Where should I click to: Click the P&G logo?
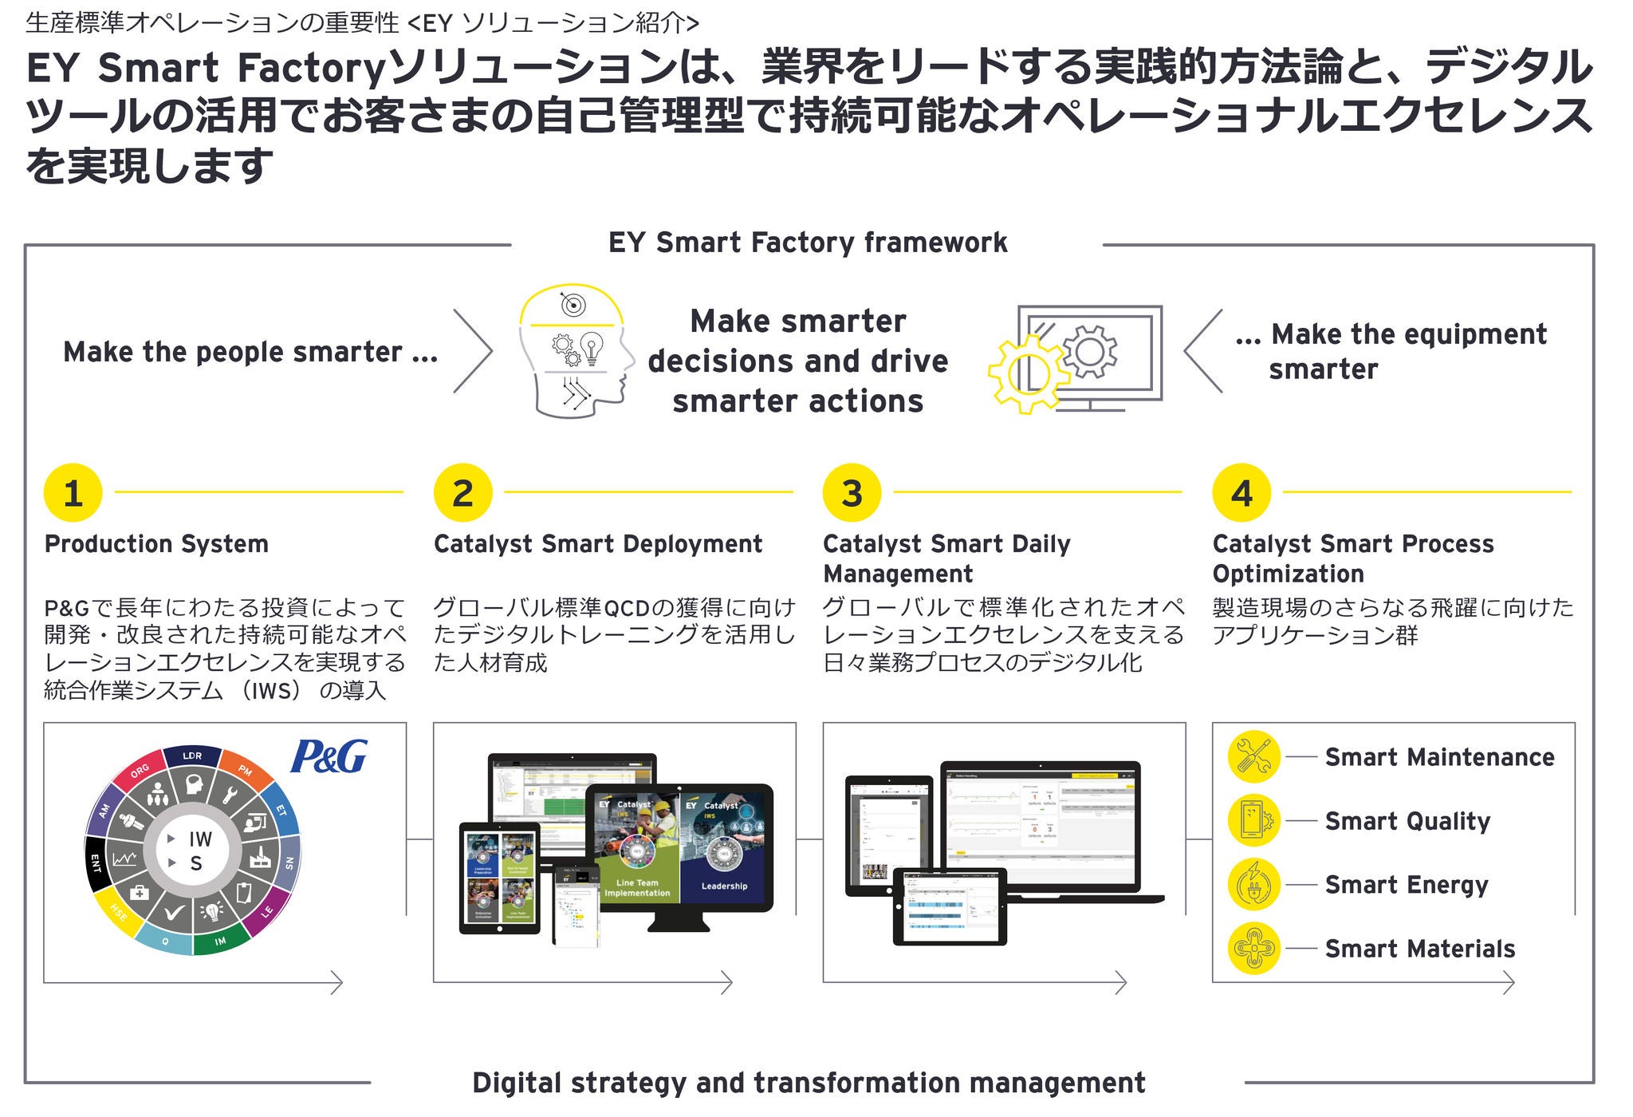(x=329, y=756)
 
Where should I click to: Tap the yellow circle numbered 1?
(x=73, y=493)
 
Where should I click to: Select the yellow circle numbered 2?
(x=462, y=493)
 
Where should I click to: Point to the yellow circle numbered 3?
(x=852, y=493)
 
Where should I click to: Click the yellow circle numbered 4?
(x=1241, y=493)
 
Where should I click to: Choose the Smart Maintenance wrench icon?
(x=1253, y=756)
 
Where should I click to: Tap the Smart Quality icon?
(x=1253, y=820)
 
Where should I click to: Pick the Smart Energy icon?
(x=1253, y=884)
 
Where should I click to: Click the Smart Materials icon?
(x=1253, y=948)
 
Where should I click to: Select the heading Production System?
(x=156, y=544)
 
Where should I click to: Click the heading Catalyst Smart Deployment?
(x=598, y=544)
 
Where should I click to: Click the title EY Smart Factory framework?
(x=807, y=243)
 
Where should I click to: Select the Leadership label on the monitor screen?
(x=724, y=886)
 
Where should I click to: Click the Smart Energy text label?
(x=1407, y=885)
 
